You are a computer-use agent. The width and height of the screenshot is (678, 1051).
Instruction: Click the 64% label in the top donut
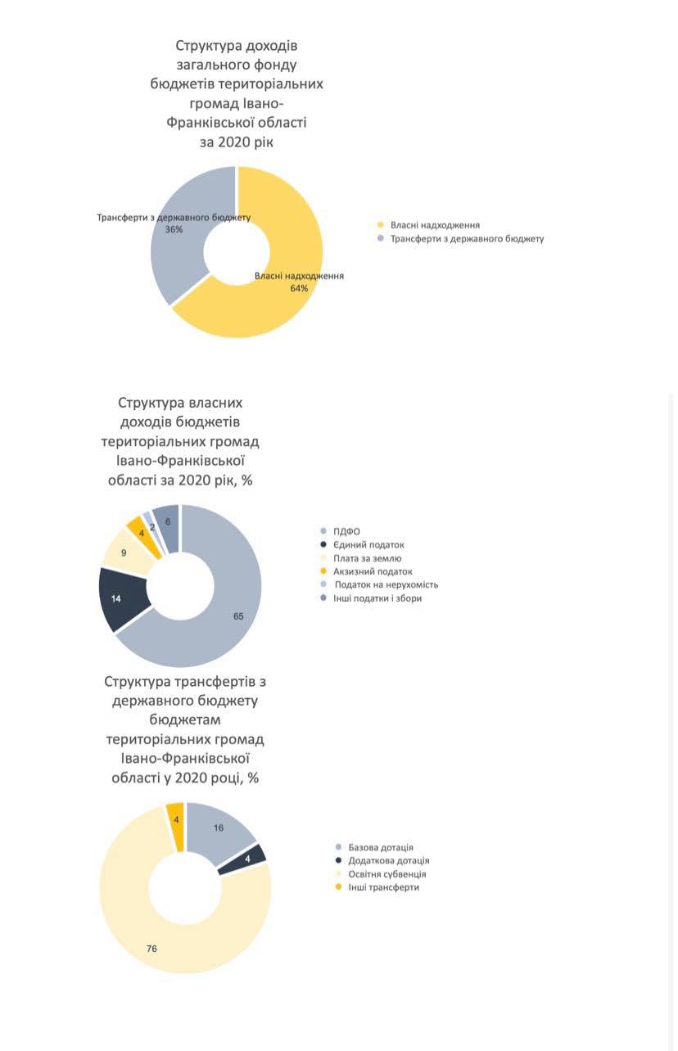(x=299, y=288)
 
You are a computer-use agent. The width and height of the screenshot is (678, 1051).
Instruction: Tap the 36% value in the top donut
(x=174, y=229)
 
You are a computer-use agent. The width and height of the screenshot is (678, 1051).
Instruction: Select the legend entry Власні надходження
(x=429, y=225)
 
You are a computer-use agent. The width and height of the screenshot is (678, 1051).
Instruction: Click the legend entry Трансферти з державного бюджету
(x=461, y=239)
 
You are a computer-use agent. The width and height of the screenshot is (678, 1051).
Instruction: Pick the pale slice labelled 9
(x=126, y=552)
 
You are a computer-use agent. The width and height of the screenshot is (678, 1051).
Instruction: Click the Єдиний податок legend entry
(x=362, y=545)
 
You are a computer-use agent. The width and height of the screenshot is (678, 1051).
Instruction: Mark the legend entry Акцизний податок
(x=366, y=571)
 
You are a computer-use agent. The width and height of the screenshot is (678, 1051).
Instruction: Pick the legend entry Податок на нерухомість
(x=379, y=584)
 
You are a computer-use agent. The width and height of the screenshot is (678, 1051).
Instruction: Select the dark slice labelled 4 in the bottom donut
(x=244, y=859)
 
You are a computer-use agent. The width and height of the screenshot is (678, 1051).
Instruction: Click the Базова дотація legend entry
(x=375, y=847)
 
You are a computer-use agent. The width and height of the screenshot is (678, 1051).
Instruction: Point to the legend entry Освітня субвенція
(x=381, y=874)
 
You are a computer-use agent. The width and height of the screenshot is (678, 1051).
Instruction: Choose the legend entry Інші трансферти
(x=377, y=887)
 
